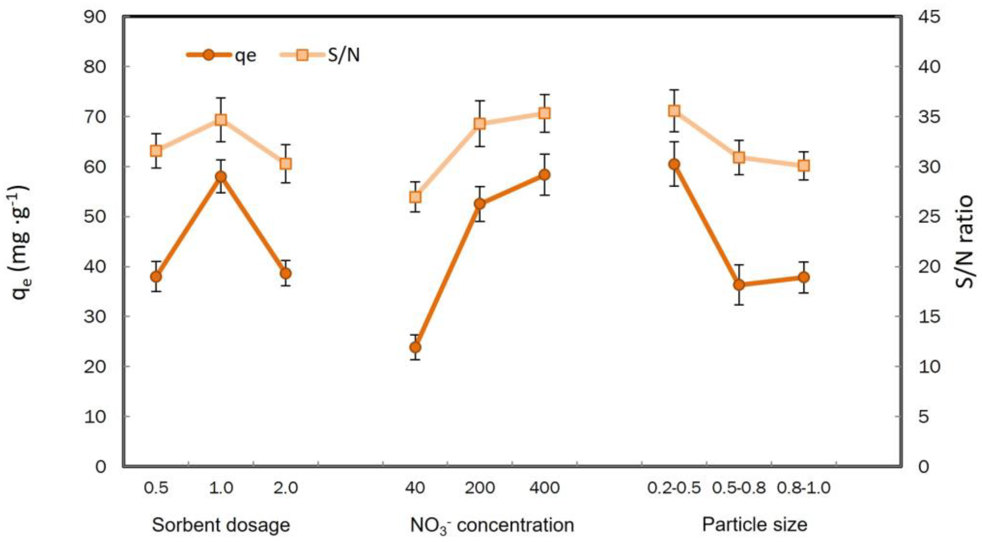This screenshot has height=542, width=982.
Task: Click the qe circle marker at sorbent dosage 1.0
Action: tap(221, 177)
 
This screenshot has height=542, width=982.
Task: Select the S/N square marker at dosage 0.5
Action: tap(156, 151)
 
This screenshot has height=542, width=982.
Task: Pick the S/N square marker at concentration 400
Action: tap(545, 113)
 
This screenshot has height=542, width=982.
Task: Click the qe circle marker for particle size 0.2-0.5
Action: tap(674, 164)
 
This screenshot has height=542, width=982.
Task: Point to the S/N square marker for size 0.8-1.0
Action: tap(804, 165)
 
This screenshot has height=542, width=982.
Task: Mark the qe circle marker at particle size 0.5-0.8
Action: tap(739, 285)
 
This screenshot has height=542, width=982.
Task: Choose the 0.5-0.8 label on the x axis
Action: tap(739, 488)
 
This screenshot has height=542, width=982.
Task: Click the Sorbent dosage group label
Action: tap(221, 525)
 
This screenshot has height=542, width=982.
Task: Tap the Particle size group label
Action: tap(755, 525)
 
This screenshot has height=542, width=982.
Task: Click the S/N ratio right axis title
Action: tap(966, 241)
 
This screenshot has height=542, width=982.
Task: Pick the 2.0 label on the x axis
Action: tap(286, 488)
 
